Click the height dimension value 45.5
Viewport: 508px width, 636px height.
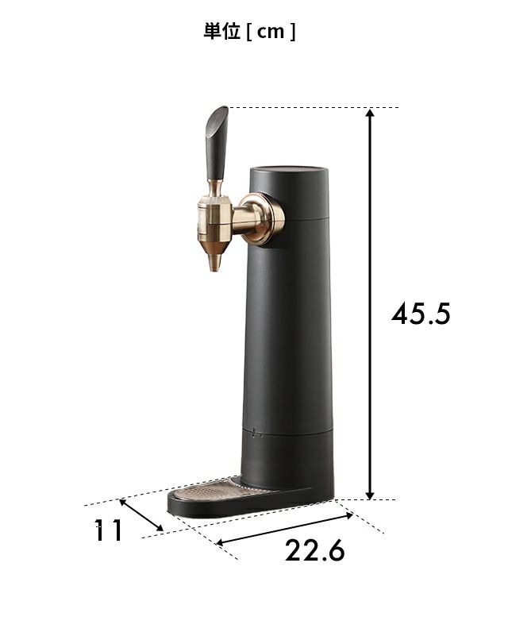coord(421,314)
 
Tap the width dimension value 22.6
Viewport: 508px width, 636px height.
coord(314,550)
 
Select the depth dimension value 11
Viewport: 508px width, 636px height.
coord(108,530)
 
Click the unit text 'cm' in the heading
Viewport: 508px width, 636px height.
coord(271,32)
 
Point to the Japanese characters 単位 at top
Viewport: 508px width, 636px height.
coord(222,31)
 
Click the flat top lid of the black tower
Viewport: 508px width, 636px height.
coord(288,170)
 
